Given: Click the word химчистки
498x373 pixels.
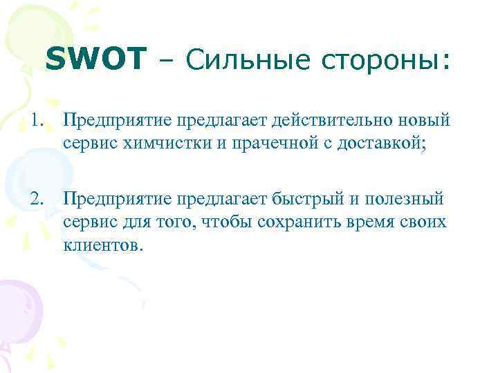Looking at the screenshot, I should click(x=157, y=145).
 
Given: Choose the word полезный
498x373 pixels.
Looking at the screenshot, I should click(x=408, y=200).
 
